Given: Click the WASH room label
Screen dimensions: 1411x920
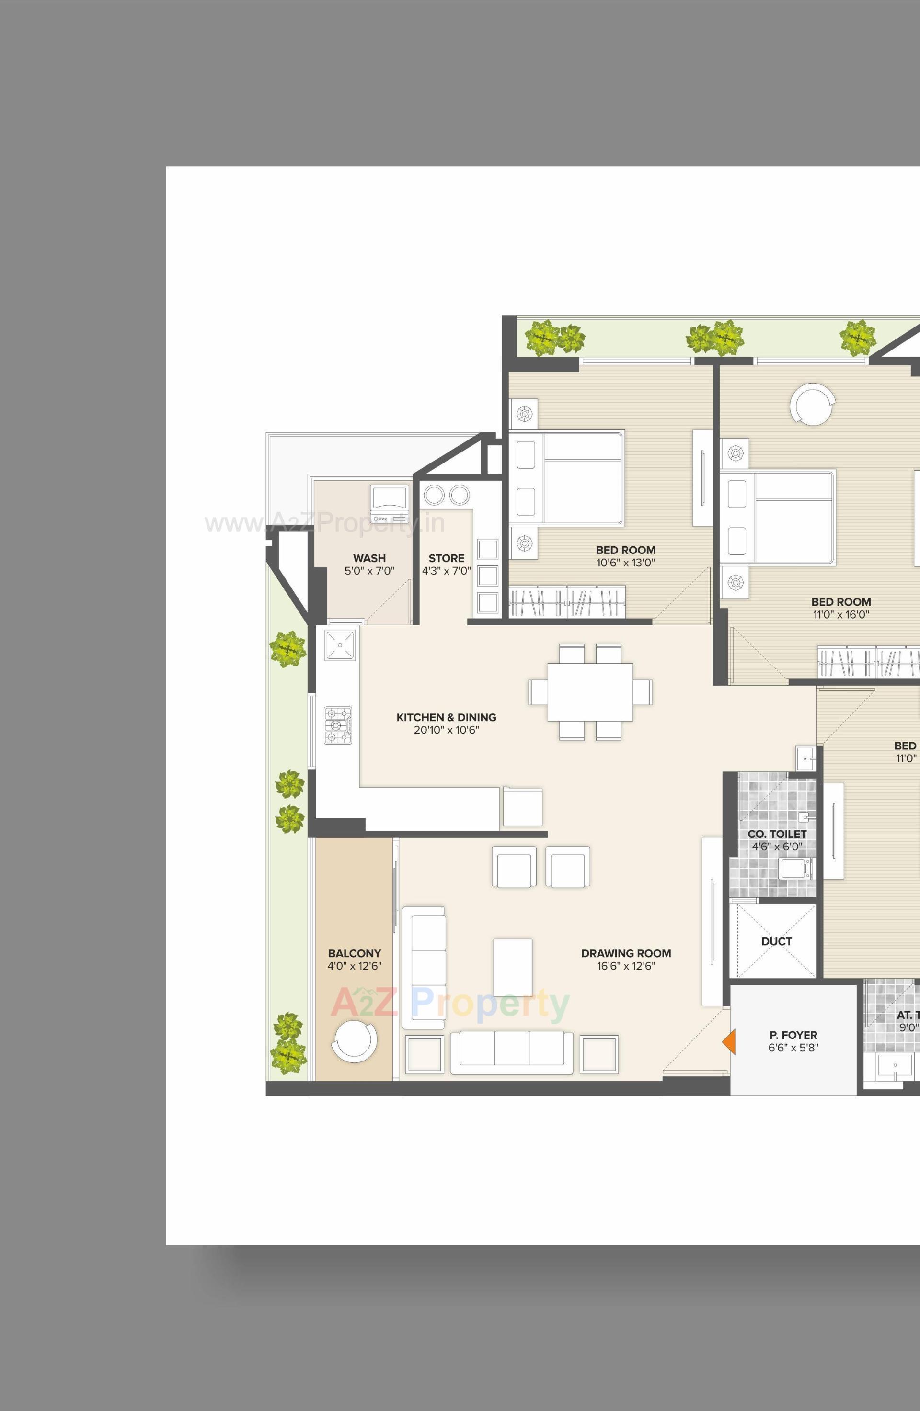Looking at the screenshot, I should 369,558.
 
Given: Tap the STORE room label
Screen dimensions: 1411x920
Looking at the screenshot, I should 446,558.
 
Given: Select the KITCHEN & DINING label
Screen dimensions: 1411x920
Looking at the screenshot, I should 446,717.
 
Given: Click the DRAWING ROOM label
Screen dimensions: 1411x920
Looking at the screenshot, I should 626,953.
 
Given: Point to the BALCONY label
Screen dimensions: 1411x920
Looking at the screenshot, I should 354,953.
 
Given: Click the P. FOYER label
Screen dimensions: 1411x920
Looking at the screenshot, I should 793,1035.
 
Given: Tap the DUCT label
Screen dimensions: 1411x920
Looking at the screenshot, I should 776,941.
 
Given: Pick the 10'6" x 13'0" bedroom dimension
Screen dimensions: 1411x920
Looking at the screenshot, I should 625,563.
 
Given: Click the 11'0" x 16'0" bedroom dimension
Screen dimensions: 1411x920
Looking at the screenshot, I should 840,615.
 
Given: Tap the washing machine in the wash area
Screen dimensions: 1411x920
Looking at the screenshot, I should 390,504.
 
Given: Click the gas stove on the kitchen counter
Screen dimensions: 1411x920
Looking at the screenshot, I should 337,724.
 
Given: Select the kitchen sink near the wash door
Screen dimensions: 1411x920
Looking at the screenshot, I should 340,644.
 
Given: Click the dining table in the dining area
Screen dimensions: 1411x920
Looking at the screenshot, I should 589,692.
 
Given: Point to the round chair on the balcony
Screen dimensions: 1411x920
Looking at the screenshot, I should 354,1042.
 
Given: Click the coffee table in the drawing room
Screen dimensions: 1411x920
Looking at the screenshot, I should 513,967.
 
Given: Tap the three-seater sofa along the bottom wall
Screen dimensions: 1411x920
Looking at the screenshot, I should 511,1052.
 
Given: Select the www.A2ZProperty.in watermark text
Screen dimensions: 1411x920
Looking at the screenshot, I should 324,523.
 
